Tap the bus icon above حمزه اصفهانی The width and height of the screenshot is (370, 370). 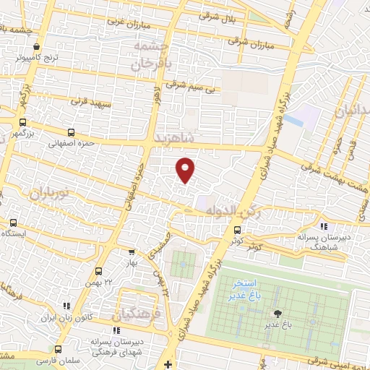pos(70,133)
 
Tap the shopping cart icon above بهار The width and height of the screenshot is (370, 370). pos(131,252)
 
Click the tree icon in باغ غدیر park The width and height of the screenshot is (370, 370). pos(277,314)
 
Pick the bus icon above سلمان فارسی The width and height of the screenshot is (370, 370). pos(58,349)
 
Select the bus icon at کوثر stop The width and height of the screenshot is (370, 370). pos(237,231)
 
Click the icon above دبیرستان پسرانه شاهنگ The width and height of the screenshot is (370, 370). pos(322,227)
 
